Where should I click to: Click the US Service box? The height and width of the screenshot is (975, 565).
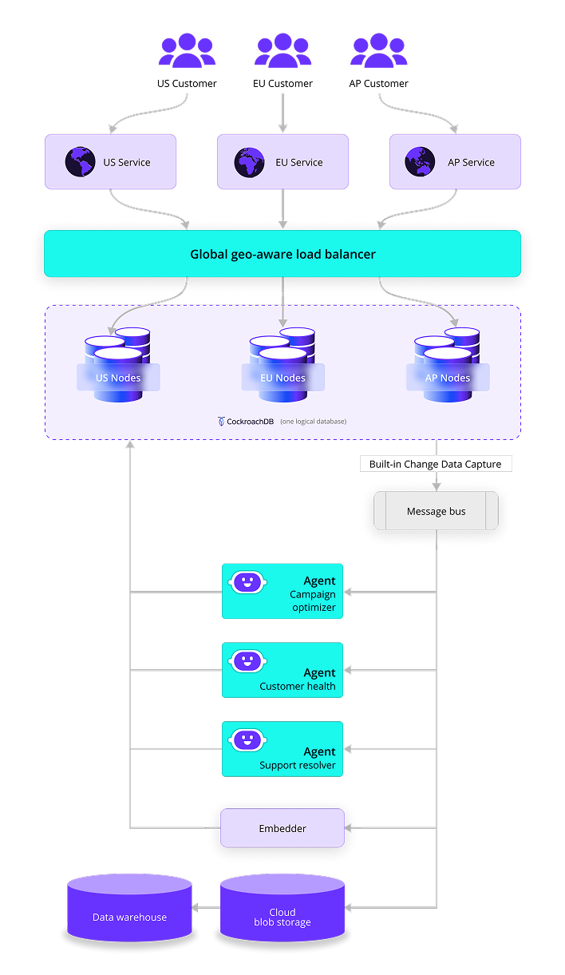(x=110, y=162)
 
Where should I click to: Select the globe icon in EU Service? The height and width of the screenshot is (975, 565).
(x=249, y=162)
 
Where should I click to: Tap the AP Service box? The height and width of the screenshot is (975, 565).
(x=455, y=162)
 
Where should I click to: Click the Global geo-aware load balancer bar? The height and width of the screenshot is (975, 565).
(x=282, y=254)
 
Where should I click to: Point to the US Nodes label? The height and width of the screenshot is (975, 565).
(x=118, y=378)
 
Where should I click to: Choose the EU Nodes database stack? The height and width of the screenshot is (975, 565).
(x=282, y=363)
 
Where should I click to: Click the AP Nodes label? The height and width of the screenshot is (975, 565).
(x=448, y=378)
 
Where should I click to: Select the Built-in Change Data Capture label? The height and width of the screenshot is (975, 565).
(x=436, y=464)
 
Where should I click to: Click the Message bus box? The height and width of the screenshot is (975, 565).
(x=436, y=511)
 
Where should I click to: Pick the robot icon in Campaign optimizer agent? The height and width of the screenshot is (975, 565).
(x=247, y=583)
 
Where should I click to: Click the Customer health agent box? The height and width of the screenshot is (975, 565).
(x=282, y=670)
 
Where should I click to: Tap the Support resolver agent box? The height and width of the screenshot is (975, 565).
(x=282, y=749)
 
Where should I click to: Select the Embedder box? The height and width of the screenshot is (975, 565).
(x=282, y=828)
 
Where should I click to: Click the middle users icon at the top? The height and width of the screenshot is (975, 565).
(x=282, y=51)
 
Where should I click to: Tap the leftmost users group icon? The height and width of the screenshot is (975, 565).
(x=187, y=51)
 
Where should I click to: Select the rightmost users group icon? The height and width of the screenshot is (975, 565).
(x=379, y=51)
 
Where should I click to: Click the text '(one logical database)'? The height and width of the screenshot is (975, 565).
(x=313, y=421)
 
